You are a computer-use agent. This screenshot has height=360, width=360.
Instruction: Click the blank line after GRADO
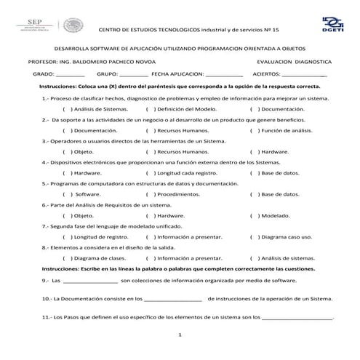tap(71, 75)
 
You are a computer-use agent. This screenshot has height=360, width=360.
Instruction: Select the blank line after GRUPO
tap(133, 75)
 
